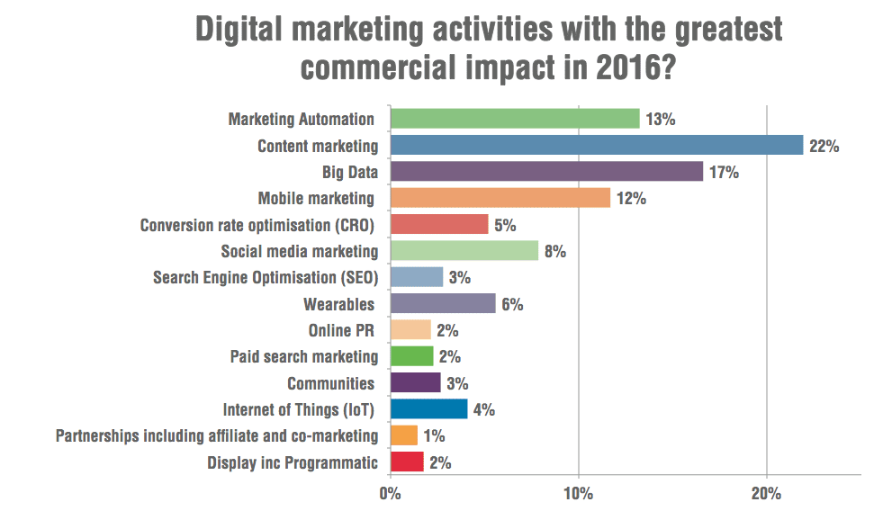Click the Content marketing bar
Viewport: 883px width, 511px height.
(596, 146)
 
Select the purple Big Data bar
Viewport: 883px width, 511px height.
(546, 172)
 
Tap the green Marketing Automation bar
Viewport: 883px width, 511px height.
(514, 119)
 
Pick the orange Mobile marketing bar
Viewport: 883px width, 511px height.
(500, 198)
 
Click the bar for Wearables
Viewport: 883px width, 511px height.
(442, 304)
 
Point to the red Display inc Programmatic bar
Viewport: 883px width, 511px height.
(407, 462)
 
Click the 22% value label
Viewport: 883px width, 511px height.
(824, 146)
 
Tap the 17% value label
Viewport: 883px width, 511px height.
(724, 172)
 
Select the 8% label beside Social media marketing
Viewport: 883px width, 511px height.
(554, 251)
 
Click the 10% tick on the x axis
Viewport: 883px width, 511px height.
(578, 494)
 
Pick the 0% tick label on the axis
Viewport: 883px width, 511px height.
(390, 494)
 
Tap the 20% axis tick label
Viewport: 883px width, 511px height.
(766, 494)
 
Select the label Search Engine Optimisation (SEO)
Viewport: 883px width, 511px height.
(266, 277)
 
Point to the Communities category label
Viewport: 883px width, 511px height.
(330, 383)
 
